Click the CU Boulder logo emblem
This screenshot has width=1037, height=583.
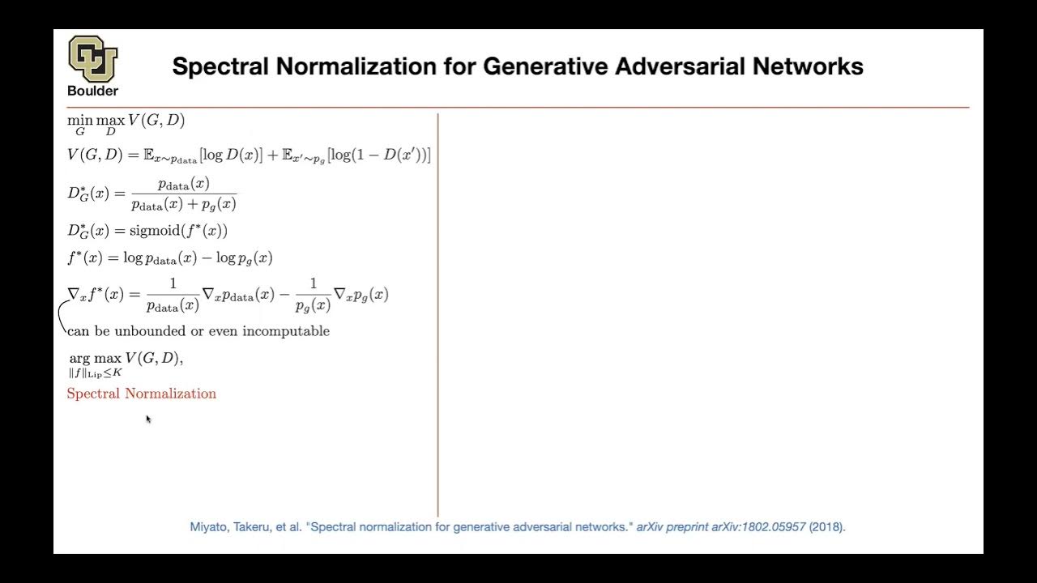click(92, 58)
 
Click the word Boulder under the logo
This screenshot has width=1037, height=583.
click(92, 91)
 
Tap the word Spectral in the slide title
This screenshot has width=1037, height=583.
click(220, 66)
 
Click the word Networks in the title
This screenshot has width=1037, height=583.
click(819, 66)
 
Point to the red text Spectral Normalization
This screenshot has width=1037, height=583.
click(141, 394)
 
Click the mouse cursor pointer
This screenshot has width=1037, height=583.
click(147, 418)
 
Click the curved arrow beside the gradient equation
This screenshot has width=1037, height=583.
click(61, 317)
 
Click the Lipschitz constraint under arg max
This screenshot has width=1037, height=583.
click(95, 373)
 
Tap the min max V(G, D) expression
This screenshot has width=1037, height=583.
click(126, 122)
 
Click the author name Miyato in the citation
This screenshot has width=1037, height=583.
click(208, 527)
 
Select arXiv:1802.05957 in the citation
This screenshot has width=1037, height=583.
click(758, 527)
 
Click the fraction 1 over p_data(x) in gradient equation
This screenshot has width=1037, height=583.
click(173, 295)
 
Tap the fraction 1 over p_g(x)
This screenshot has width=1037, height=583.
click(312, 295)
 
